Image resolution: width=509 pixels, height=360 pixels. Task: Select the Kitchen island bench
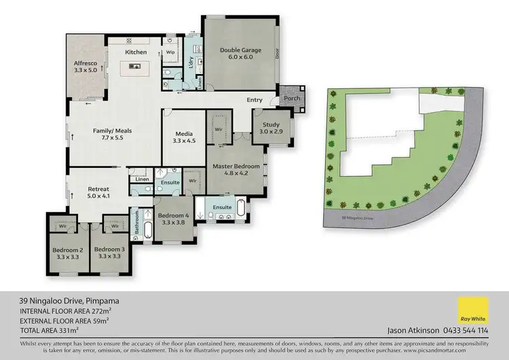133,67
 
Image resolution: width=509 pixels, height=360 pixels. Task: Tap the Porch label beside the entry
292,98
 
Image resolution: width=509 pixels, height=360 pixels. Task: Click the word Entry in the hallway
254,101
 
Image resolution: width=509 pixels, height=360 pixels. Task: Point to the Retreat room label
98,190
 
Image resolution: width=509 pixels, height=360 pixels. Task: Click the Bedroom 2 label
67,249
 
